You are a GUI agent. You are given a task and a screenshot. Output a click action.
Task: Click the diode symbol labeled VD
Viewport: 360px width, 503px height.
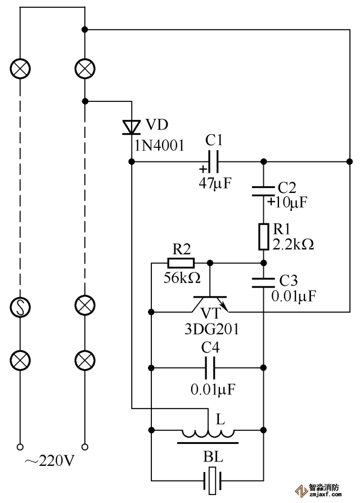132,127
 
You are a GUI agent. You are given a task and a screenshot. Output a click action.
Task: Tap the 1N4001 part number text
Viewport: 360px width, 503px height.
159,146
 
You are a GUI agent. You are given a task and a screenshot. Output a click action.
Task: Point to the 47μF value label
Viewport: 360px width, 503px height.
215,182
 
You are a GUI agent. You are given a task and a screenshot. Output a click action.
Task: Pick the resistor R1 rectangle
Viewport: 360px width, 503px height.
263,237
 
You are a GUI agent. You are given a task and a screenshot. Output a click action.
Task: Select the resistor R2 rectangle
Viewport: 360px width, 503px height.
181,263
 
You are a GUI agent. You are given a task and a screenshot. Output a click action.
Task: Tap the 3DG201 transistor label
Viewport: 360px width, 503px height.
211,329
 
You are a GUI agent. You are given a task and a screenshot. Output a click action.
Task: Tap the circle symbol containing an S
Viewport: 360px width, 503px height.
21,307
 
